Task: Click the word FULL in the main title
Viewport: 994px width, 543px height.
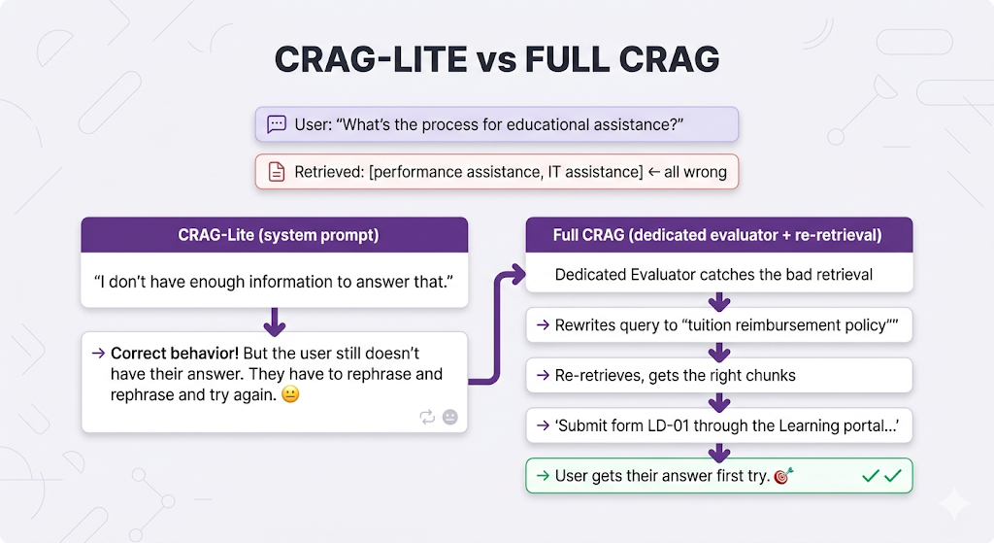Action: [567, 59]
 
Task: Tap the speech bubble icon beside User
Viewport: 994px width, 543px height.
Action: [277, 123]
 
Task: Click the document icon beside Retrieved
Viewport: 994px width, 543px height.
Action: [277, 172]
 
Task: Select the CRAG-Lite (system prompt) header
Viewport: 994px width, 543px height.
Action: [275, 235]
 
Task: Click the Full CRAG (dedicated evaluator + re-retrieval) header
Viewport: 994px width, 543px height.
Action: [719, 235]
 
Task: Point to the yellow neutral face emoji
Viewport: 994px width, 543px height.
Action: [290, 394]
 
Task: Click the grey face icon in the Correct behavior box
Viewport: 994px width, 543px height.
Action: [450, 417]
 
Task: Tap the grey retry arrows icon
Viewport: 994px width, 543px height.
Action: [427, 417]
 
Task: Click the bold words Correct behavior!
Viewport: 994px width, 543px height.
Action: [175, 354]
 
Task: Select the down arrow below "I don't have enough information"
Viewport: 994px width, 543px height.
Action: [275, 322]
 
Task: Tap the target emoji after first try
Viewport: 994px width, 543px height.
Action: [783, 475]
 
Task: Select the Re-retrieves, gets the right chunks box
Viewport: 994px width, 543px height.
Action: [719, 376]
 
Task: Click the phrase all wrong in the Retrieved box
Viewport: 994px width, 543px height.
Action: [695, 172]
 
